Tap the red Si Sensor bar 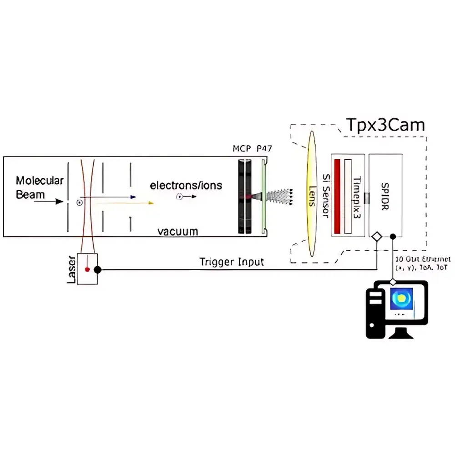coord(338,196)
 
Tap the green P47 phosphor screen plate coord(263,196)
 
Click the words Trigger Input coord(231,262)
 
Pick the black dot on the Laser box coord(97,269)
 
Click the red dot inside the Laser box coord(87,270)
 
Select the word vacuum coord(178,231)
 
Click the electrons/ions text coord(186,185)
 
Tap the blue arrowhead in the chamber coord(132,197)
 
